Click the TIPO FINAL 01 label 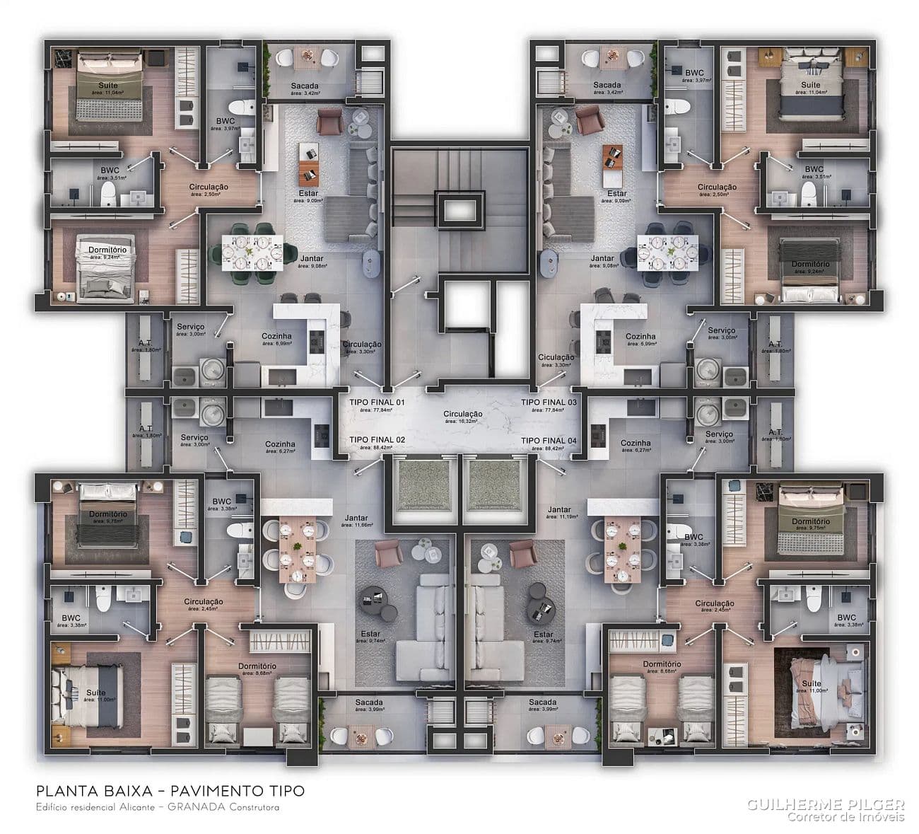377,402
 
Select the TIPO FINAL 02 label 377,440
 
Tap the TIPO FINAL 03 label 549,402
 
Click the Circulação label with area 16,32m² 463,414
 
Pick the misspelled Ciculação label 556,357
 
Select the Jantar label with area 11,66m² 356,518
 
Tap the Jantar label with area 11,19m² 558,509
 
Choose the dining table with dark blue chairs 667,253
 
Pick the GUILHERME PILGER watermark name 826,804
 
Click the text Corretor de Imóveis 845,818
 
